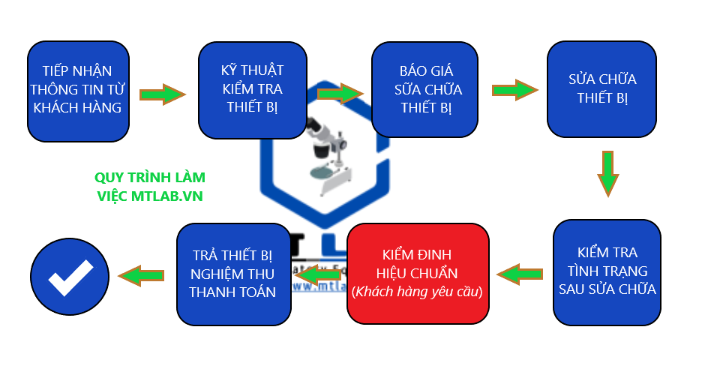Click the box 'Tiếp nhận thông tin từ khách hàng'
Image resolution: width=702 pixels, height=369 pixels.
(x=78, y=90)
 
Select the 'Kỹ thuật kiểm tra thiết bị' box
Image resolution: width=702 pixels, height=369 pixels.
(x=252, y=90)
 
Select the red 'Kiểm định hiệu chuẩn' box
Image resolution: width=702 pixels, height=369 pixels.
(x=418, y=272)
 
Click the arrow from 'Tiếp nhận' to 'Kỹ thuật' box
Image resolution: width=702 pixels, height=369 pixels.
(x=162, y=94)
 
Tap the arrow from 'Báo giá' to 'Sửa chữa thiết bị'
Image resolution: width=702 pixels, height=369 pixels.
(x=514, y=90)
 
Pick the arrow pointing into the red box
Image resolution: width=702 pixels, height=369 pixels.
(x=520, y=274)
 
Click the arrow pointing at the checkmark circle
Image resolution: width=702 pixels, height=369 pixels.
(x=144, y=276)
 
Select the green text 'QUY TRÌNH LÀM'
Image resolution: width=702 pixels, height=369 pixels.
(x=150, y=178)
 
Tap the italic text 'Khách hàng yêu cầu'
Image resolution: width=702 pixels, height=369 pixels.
(x=418, y=290)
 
